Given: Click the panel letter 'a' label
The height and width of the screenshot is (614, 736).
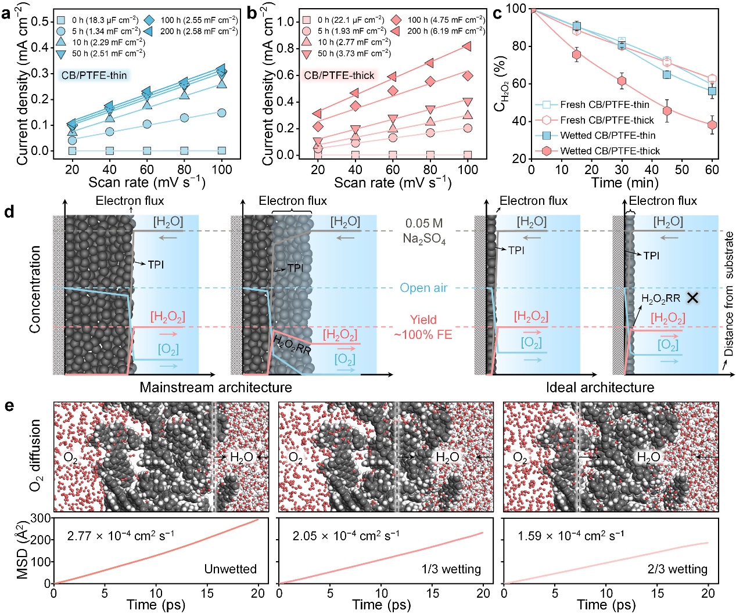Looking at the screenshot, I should (6, 12).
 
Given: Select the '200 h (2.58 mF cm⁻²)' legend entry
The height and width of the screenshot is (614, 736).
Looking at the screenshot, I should (192, 31).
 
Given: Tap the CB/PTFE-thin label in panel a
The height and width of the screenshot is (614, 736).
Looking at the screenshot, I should (94, 75).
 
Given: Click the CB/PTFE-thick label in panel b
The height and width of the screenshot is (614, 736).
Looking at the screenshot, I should (339, 75).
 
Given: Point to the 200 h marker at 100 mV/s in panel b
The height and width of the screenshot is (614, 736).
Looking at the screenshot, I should (467, 47).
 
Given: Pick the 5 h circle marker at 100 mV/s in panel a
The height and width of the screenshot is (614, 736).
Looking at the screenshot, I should (221, 113).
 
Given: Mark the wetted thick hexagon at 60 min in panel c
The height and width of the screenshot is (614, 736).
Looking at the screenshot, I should (712, 125).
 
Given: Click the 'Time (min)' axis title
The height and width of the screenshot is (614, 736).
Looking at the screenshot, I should (624, 183).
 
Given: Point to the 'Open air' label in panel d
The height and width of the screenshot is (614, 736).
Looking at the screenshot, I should (423, 288).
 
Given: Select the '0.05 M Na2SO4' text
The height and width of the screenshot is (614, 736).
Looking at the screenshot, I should (425, 231).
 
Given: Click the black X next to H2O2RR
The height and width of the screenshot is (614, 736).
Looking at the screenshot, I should (692, 298).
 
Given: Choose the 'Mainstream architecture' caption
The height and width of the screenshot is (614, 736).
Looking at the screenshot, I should (216, 387).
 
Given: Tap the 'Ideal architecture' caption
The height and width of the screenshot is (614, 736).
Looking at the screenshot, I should (599, 387).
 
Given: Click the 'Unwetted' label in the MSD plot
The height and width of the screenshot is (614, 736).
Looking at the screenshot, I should (230, 569).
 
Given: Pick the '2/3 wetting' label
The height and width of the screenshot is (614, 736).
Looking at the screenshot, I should (677, 569).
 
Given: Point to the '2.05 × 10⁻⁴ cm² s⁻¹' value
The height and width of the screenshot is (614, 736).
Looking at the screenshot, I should (346, 535).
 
